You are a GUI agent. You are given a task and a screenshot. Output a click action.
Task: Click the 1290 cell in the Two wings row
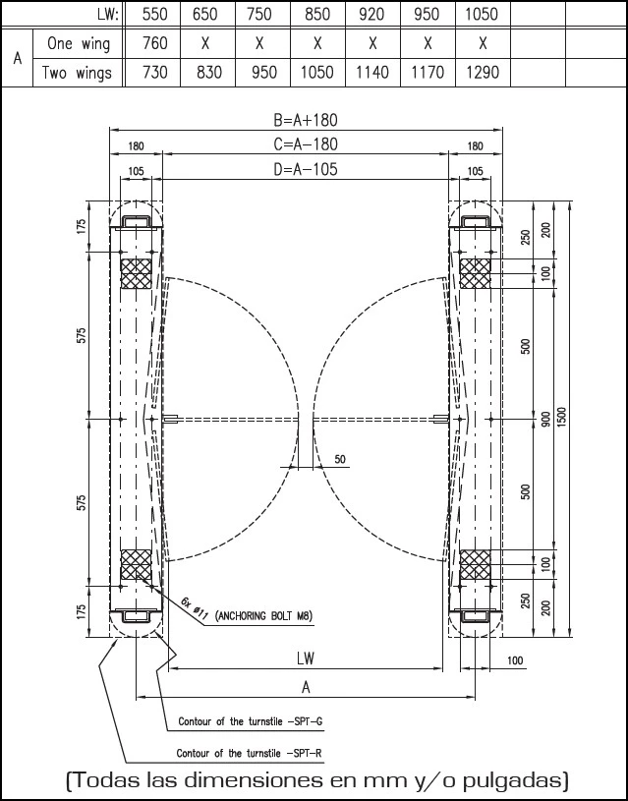[x=483, y=73]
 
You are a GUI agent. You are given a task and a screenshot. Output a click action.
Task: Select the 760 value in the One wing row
[x=154, y=43]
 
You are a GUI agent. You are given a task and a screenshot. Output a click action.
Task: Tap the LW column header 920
[x=372, y=14]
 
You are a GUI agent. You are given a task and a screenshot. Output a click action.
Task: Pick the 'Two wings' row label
[x=77, y=73]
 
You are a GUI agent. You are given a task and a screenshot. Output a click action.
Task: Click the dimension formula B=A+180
[x=306, y=120]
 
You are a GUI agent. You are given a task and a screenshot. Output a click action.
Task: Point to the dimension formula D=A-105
[x=306, y=169]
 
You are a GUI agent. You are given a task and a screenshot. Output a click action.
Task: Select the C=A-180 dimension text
[x=306, y=144]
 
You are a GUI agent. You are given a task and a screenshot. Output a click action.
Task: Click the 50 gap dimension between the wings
[x=340, y=459]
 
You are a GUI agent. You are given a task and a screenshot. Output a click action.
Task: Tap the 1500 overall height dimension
[x=562, y=419]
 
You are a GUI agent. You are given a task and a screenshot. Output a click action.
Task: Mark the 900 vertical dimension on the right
[x=545, y=419]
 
